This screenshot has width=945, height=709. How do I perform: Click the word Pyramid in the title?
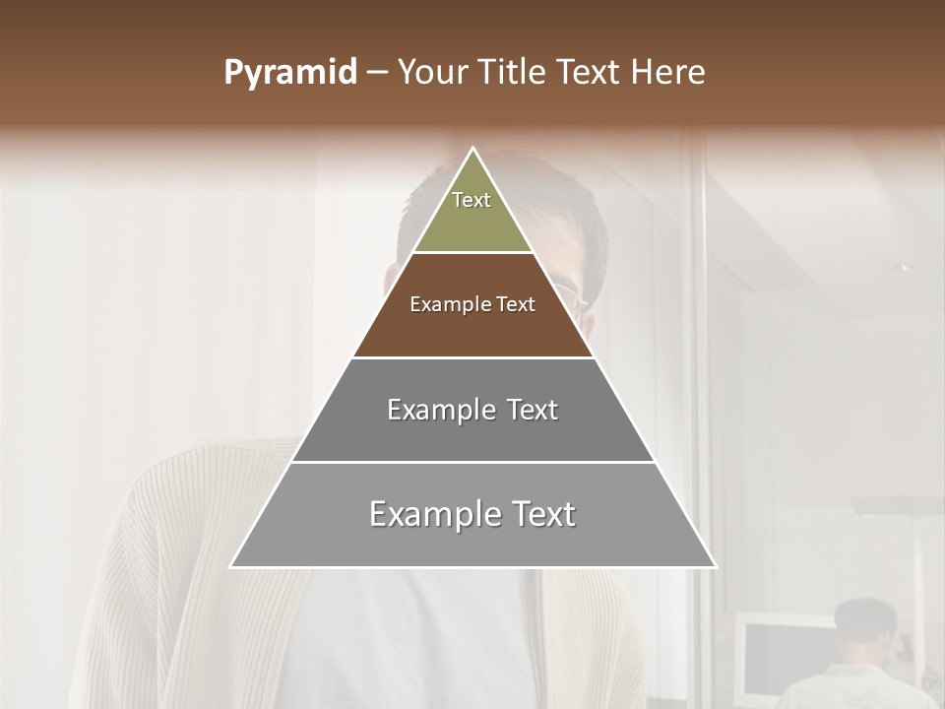[x=290, y=73]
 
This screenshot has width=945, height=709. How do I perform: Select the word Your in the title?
[x=431, y=72]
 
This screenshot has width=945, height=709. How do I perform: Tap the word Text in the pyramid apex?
[x=472, y=200]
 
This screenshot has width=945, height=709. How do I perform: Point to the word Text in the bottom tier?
[x=539, y=514]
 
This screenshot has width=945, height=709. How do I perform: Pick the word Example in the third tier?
[x=431, y=410]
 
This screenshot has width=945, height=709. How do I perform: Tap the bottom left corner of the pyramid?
[x=232, y=566]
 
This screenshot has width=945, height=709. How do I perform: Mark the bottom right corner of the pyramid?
[x=715, y=566]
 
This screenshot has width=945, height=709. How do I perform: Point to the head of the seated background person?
[x=865, y=625]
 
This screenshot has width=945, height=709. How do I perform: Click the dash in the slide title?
[x=377, y=73]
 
